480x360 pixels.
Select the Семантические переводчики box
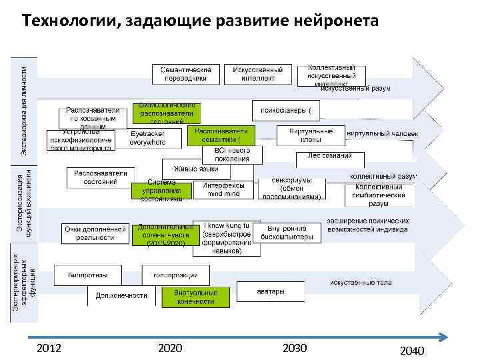186,73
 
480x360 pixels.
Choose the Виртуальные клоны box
306,135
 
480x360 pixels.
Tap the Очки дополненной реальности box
95,233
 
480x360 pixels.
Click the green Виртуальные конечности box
195,297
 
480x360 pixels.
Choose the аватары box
271,291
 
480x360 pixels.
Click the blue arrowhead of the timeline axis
441,336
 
